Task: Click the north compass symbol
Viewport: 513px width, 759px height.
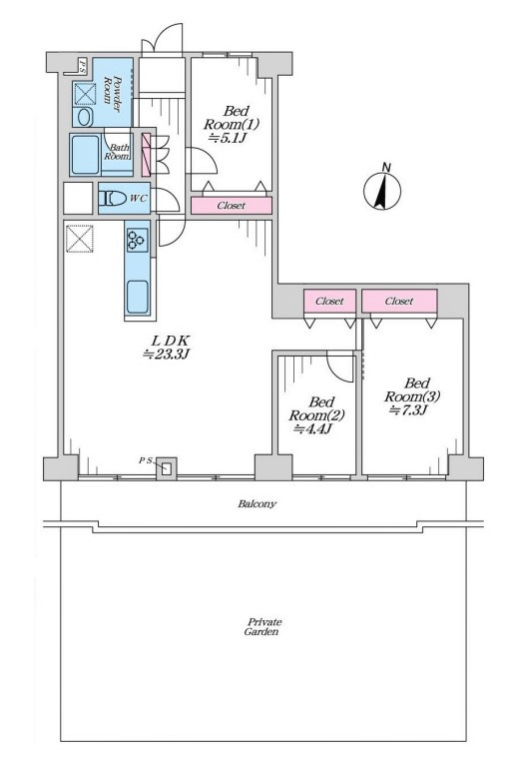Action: coord(382,190)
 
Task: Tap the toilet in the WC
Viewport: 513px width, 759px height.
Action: coord(112,199)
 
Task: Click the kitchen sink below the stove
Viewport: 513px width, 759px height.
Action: coord(138,297)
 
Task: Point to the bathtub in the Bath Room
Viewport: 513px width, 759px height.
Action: coord(86,155)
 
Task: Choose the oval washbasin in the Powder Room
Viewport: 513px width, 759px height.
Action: coord(85,118)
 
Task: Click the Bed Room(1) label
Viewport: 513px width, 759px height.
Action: coord(232,118)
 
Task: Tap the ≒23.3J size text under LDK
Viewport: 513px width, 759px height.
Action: coord(166,355)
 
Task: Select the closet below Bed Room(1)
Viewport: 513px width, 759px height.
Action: coord(232,206)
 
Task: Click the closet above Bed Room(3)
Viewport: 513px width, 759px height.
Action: coord(400,301)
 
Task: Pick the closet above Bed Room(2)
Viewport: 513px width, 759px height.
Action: coord(330,301)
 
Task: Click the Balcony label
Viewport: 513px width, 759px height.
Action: coord(256,504)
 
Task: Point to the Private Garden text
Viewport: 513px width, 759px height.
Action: coord(261,627)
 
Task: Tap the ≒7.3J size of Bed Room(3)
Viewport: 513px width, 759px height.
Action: coord(409,410)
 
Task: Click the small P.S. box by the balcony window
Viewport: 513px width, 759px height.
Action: coord(167,468)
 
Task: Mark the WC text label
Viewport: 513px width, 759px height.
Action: coord(139,199)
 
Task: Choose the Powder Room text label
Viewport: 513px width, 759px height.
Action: coord(112,91)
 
